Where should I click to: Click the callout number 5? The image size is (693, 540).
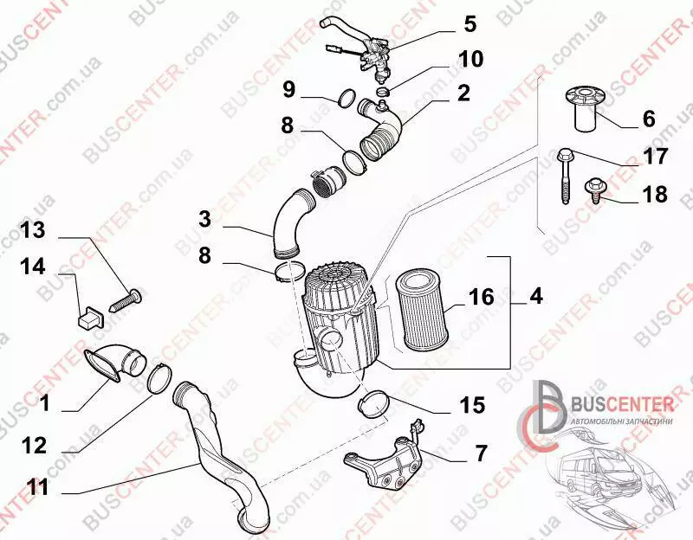[x=470, y=24]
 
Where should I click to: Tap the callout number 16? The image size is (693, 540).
[x=481, y=297]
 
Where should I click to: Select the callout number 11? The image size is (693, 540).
[x=38, y=487]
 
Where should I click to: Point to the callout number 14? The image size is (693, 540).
[x=33, y=267]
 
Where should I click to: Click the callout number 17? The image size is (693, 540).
[x=656, y=156]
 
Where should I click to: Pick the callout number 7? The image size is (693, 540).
[x=481, y=453]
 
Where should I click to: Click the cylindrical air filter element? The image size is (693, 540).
[x=422, y=311]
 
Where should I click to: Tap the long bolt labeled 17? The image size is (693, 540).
[x=564, y=176]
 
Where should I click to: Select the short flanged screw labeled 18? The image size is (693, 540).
[x=596, y=190]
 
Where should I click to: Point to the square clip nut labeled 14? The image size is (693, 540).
[x=92, y=316]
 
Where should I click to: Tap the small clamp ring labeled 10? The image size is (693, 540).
[x=384, y=92]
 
